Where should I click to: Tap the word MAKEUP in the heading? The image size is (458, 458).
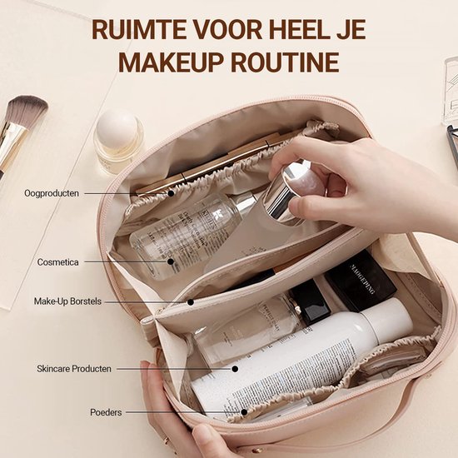pyautogui.click(x=170, y=62)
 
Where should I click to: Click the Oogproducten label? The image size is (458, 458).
pyautogui.click(x=52, y=193)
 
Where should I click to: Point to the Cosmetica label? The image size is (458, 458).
pyautogui.click(x=58, y=261)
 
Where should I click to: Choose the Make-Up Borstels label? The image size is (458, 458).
pyautogui.click(x=67, y=301)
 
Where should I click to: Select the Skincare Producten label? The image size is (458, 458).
pyautogui.click(x=74, y=368)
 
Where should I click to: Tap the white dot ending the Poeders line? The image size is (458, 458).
pyautogui.click(x=244, y=411)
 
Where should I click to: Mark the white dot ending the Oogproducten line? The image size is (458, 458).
pyautogui.click(x=171, y=193)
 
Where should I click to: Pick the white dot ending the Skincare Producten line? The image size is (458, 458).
pyautogui.click(x=235, y=368)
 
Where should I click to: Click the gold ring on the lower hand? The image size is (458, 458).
pyautogui.click(x=167, y=439)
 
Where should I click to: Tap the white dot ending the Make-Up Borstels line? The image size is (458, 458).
pyautogui.click(x=190, y=301)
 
